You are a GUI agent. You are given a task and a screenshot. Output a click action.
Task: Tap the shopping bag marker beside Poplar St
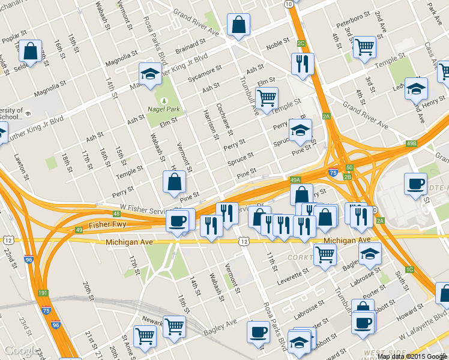pos(30,51)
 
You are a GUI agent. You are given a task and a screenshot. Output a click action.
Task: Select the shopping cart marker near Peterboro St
pos(364,47)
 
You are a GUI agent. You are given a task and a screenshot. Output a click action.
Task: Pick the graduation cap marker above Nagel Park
pos(150,73)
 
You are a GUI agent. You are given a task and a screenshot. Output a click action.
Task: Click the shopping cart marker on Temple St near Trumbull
pos(267,98)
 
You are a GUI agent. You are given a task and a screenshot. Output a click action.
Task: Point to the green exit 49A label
pos(295,179)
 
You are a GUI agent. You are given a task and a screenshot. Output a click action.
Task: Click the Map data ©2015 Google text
pos(412,356)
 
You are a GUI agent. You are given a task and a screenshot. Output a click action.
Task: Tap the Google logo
pos(19,350)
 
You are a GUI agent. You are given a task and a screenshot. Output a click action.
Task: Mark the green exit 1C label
pos(410,269)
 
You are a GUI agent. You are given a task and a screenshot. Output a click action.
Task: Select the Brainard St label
pos(191,48)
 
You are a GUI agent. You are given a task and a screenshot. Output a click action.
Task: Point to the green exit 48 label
pos(116,214)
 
